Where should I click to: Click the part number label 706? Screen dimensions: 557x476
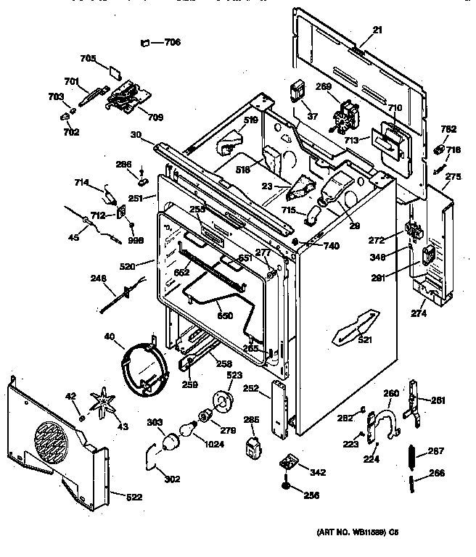point(172,42)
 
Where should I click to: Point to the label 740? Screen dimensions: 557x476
point(331,246)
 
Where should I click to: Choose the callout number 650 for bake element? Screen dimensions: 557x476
point(227,315)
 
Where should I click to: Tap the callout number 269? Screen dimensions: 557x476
point(323,86)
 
